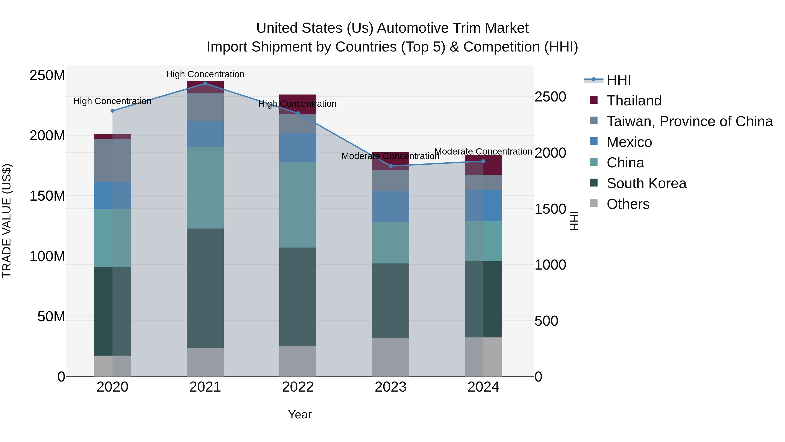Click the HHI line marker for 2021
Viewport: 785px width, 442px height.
click(x=205, y=83)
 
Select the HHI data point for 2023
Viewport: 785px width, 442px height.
click(x=391, y=166)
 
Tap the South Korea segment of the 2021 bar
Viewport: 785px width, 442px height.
click(x=205, y=288)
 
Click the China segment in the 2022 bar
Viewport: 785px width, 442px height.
click(x=298, y=205)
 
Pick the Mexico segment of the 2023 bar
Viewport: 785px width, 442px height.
click(x=391, y=206)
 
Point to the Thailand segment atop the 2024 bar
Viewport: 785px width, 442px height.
click(x=483, y=165)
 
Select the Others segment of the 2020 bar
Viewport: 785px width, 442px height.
click(x=113, y=366)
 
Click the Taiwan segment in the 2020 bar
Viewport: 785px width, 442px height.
click(x=113, y=160)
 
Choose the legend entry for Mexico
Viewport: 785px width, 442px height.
click(x=629, y=142)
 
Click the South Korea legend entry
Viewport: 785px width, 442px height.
click(x=646, y=183)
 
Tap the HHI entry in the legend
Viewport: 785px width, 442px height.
click(x=619, y=80)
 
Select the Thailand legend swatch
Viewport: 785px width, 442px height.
click(x=594, y=100)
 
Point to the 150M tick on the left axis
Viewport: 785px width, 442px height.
click(x=47, y=196)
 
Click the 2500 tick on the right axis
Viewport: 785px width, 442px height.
click(x=550, y=97)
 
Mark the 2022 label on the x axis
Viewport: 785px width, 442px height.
click(x=298, y=387)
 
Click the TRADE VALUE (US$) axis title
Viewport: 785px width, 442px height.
click(x=7, y=221)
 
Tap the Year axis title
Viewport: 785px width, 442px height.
click(x=300, y=414)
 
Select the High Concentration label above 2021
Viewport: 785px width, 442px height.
click(x=205, y=74)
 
